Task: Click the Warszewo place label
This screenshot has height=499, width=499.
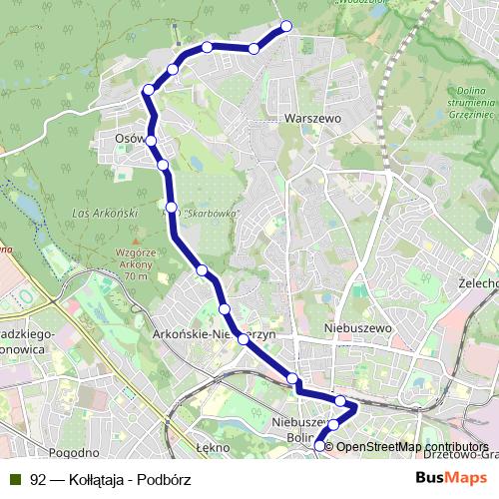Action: tap(312, 117)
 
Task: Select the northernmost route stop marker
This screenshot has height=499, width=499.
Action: tap(287, 26)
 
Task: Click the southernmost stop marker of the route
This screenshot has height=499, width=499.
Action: tap(320, 446)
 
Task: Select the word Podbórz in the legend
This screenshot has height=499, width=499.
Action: tap(167, 479)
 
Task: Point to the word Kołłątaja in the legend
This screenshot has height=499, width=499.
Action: tap(101, 479)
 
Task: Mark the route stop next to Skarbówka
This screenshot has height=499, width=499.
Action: tap(173, 208)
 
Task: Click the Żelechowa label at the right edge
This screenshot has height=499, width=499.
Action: tap(478, 282)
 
